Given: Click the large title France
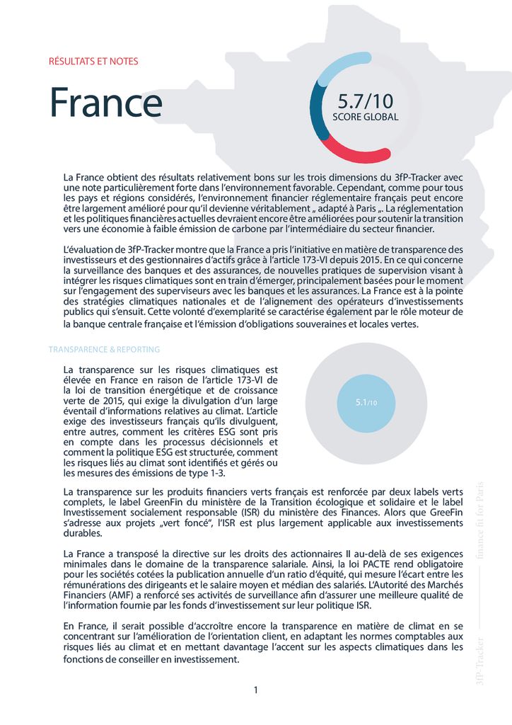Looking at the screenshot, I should tap(106, 103).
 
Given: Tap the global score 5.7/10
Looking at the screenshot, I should tap(364, 101).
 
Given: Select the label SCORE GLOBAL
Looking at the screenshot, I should tap(365, 117).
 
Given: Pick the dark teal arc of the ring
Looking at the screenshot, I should tap(316, 113).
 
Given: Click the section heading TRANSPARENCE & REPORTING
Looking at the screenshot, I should tap(104, 350).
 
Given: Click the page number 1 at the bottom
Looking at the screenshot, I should tap(255, 690).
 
